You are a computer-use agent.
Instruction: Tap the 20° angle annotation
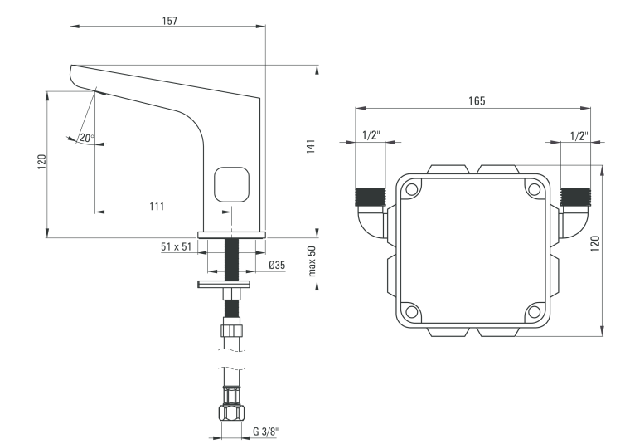pos(87,139)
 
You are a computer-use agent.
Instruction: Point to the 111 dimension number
pos(157,206)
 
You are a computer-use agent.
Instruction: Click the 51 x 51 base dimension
pos(176,246)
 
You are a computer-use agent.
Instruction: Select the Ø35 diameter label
pos(277,266)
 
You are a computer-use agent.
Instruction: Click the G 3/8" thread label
pos(266,430)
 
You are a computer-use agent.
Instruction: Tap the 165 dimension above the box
pos(477,100)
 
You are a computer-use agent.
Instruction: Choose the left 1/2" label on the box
pos(371,135)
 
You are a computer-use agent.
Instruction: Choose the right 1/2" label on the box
pos(579,135)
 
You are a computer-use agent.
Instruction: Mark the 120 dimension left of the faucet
pos(42,163)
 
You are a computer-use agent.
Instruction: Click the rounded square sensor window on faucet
pos(232,183)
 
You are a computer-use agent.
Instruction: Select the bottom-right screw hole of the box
pos(533,312)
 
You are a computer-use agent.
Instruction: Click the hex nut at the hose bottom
pos(232,412)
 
